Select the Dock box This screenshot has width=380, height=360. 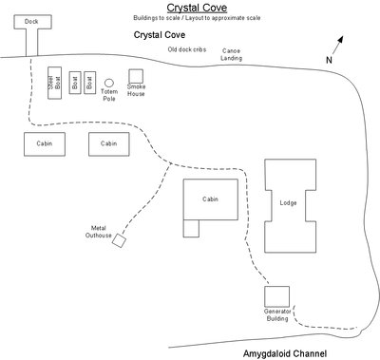(32, 22)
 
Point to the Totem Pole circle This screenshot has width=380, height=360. (109, 84)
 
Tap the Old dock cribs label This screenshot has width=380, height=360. (188, 48)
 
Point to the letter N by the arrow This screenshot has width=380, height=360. (329, 60)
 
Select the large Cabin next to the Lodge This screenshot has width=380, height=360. (211, 199)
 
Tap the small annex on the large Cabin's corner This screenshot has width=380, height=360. (192, 228)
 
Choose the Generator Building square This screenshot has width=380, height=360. (277, 295)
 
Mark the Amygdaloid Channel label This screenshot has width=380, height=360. (285, 351)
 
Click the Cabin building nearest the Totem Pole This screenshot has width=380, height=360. (109, 143)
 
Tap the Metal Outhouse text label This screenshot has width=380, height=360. (98, 232)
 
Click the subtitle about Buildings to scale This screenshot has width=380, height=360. (190, 18)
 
